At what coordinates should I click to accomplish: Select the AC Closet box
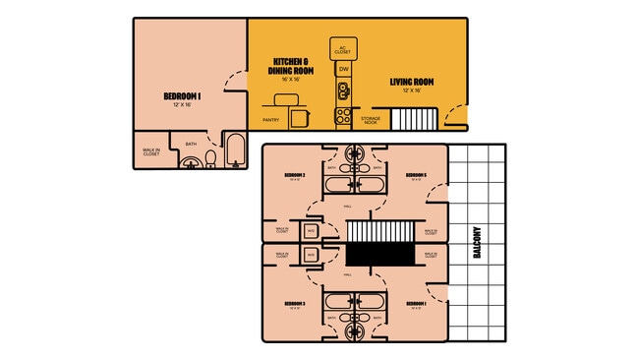(x=343, y=48)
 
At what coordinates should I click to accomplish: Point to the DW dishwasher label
(x=343, y=70)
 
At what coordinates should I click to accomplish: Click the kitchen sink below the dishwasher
(x=343, y=91)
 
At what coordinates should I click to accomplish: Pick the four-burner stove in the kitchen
(x=343, y=116)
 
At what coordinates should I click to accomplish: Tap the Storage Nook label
(x=371, y=120)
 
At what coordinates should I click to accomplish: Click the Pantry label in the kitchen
(x=271, y=120)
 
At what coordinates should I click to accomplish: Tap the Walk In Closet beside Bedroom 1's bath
(x=151, y=151)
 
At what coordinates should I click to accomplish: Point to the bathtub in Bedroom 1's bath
(x=235, y=150)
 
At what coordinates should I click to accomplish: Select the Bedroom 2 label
(x=295, y=176)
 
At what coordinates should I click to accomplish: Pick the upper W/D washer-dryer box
(x=310, y=231)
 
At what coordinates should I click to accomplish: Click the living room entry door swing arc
(x=454, y=116)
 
